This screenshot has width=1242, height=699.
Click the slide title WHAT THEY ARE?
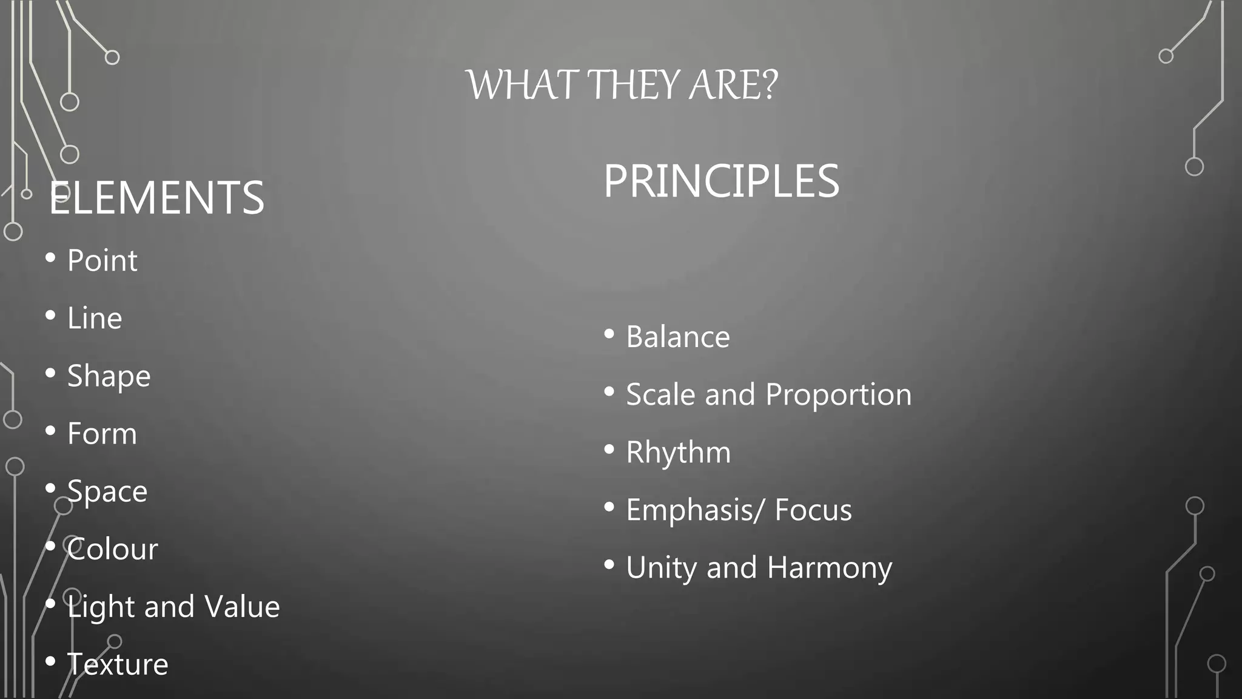point(622,85)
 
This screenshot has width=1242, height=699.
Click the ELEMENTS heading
point(156,198)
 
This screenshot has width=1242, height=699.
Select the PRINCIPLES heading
point(721,181)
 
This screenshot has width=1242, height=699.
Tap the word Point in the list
point(102,261)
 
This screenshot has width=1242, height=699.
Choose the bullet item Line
point(95,319)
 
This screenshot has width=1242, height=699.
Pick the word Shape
point(109,376)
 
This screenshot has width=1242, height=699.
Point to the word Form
point(102,434)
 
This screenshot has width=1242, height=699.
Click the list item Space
point(107,491)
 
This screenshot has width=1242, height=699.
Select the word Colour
point(112,549)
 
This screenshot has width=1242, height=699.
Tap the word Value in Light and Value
point(242,607)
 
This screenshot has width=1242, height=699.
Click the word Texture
point(117,664)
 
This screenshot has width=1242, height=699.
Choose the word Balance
point(677,337)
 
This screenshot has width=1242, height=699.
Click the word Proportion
point(838,395)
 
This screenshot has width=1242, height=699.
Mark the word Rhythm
point(678,453)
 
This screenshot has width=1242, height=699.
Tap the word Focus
point(813,510)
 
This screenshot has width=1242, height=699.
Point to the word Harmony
point(829,568)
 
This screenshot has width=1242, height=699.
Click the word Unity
point(661,568)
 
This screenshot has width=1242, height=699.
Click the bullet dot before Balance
point(609,334)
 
